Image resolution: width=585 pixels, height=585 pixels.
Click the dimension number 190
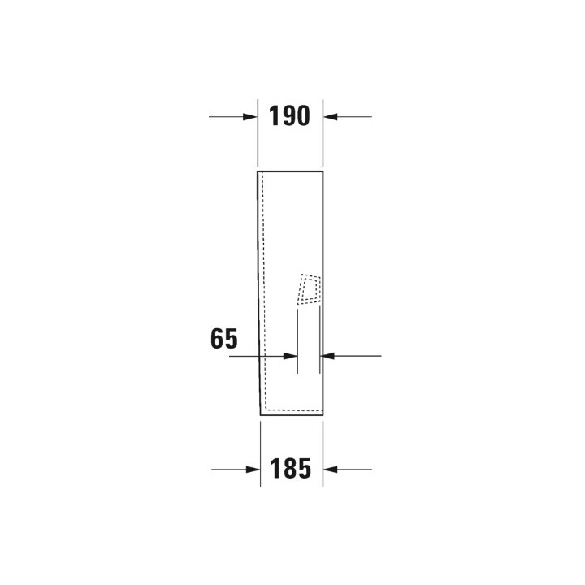(x=289, y=115)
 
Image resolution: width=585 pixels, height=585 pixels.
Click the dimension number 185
(x=290, y=468)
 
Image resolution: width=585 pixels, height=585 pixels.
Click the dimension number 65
(x=224, y=338)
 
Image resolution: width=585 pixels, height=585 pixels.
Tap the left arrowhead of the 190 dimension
(x=250, y=117)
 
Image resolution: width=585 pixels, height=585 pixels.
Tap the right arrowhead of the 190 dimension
(x=331, y=117)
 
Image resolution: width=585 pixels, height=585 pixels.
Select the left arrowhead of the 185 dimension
(x=253, y=470)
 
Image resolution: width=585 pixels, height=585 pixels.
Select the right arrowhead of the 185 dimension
(x=330, y=470)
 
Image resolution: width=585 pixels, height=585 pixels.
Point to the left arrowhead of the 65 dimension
(x=290, y=356)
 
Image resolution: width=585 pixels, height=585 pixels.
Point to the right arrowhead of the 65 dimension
(x=327, y=356)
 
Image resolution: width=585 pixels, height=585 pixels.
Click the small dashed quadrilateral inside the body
(x=310, y=289)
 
